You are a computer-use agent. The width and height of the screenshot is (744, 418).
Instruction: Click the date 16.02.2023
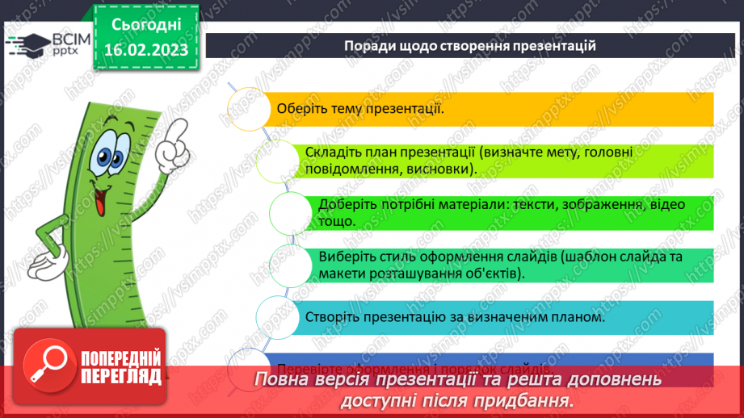145,50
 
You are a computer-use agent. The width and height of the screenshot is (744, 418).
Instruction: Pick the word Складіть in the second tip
330,153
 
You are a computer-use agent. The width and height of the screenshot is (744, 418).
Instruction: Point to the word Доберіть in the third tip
344,204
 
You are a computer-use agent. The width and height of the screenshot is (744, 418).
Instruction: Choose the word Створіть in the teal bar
331,318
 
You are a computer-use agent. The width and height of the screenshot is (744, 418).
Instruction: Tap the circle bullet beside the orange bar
249,107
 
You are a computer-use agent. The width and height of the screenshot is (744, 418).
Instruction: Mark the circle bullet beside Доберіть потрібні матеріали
289,213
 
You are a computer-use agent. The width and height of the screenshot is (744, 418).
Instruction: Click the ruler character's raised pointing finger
172,140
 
